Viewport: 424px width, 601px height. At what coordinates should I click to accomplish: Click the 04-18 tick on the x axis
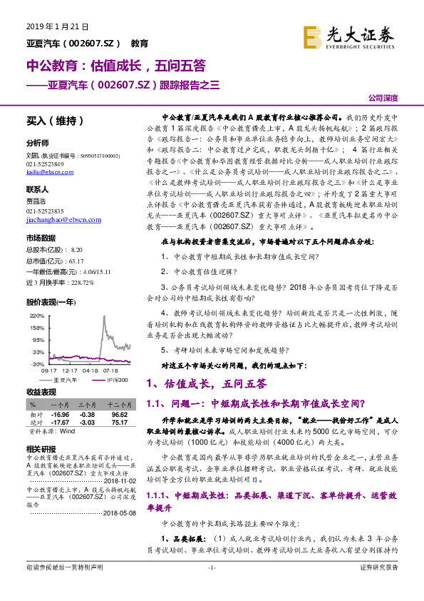tap(90, 370)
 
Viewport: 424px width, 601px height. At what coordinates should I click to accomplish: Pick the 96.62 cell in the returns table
tap(118, 414)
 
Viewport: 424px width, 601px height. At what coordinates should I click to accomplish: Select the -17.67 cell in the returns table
tap(60, 422)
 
